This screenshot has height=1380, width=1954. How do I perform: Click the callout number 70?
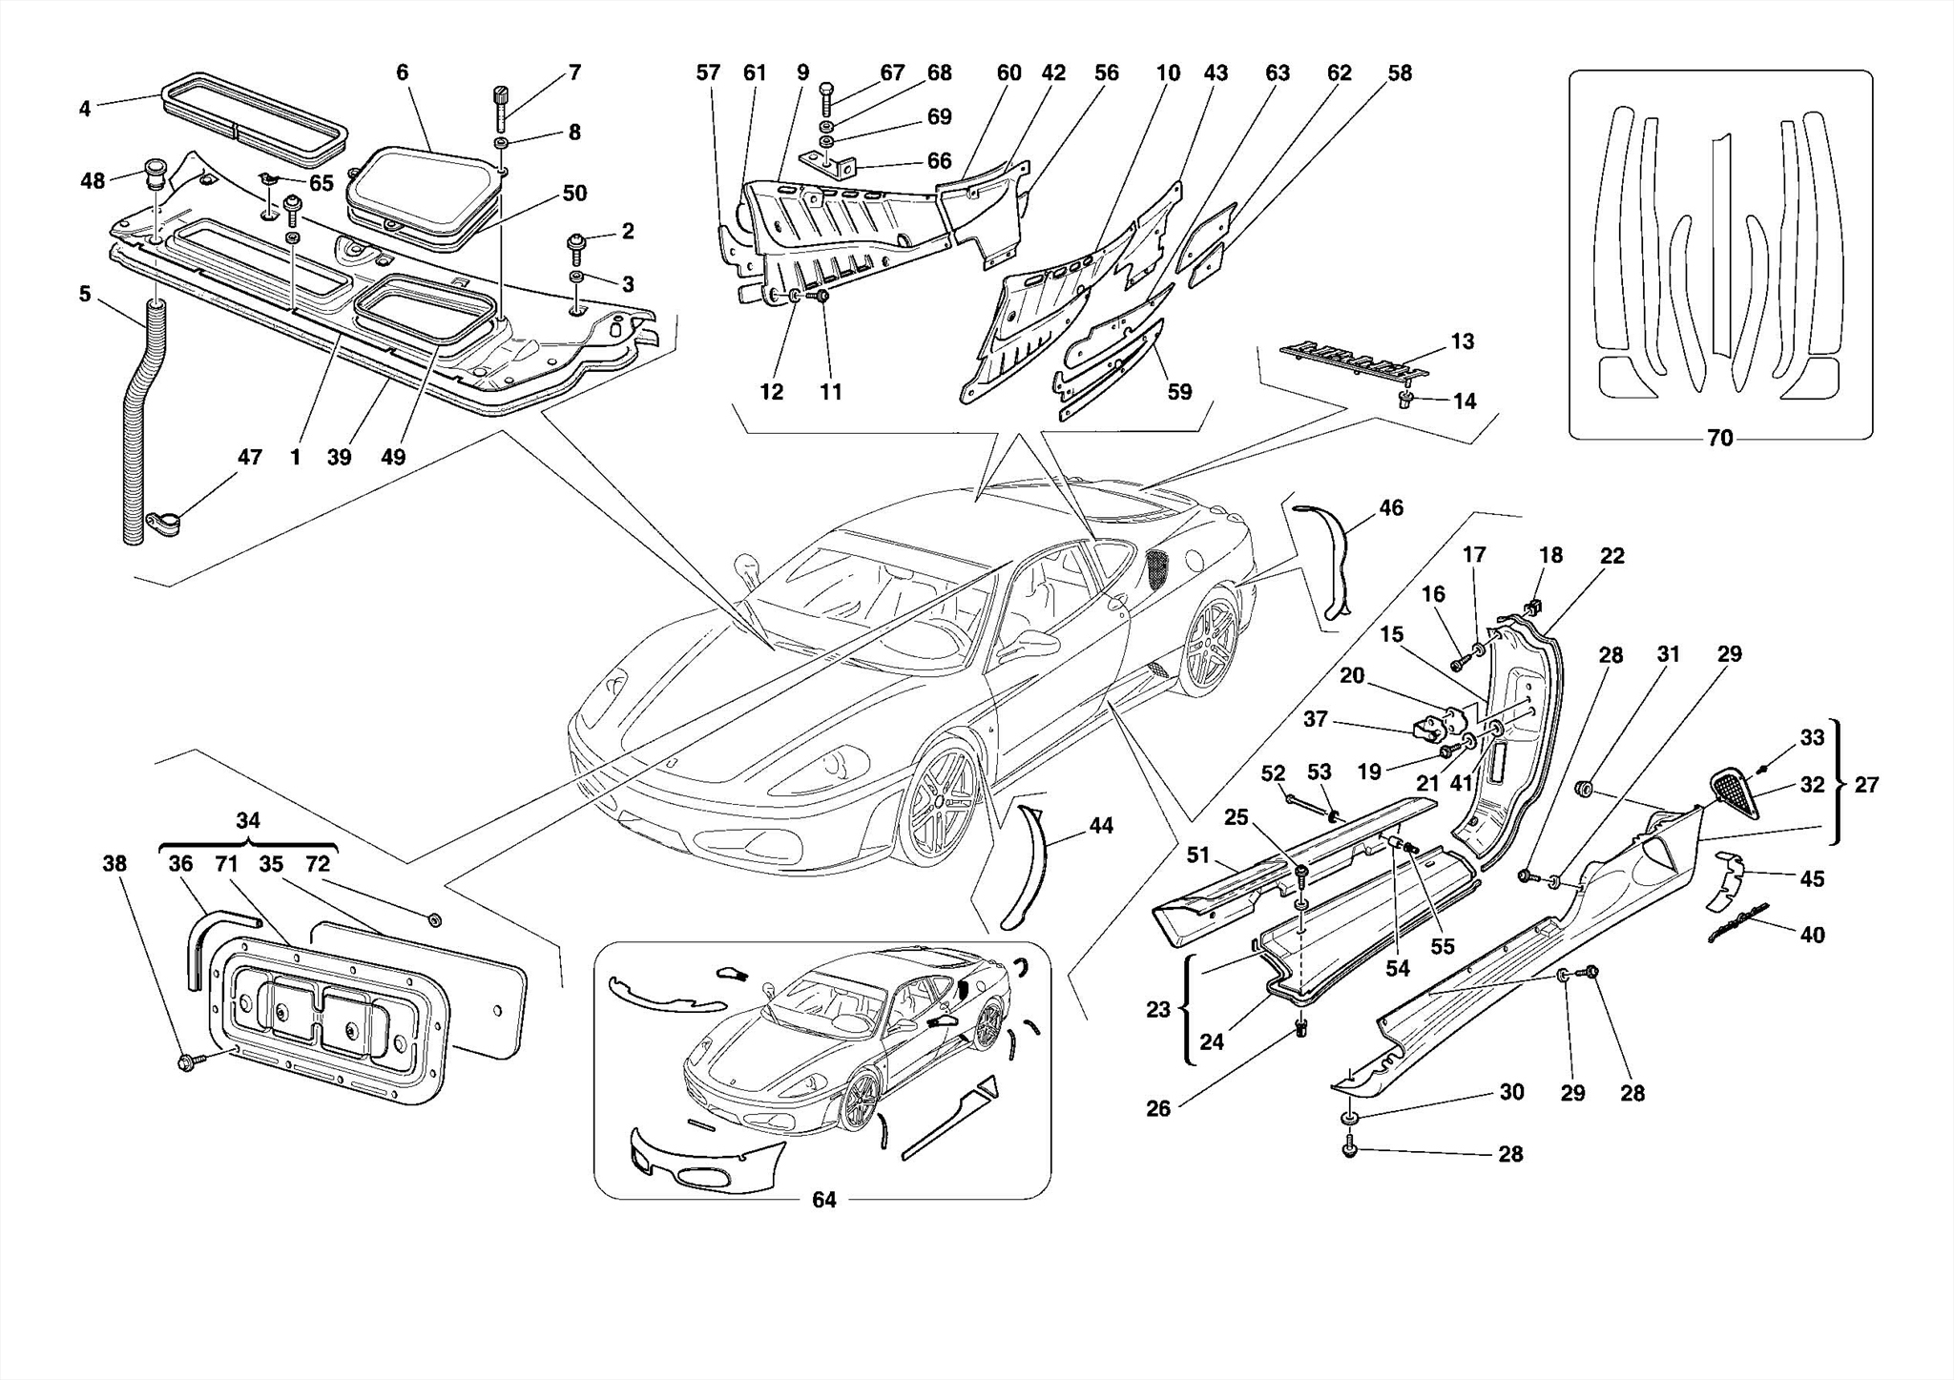pos(1719,439)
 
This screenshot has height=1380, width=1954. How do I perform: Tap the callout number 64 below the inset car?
pos(823,1200)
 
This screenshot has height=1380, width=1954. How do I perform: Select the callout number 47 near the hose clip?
pos(249,458)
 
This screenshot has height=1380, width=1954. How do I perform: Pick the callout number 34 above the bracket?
pos(248,820)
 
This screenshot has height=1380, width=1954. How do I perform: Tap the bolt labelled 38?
pos(187,1061)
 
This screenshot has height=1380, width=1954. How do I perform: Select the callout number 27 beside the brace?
pos(1866,785)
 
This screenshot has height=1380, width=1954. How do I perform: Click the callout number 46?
pos(1391,508)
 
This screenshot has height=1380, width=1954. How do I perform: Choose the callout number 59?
pos(1180,392)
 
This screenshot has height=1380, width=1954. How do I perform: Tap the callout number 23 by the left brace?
pos(1157,1009)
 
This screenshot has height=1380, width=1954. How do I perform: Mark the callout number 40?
pos(1812,936)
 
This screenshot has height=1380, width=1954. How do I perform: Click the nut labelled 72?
pos(434,919)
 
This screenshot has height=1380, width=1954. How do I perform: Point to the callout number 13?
pos(1463,341)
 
